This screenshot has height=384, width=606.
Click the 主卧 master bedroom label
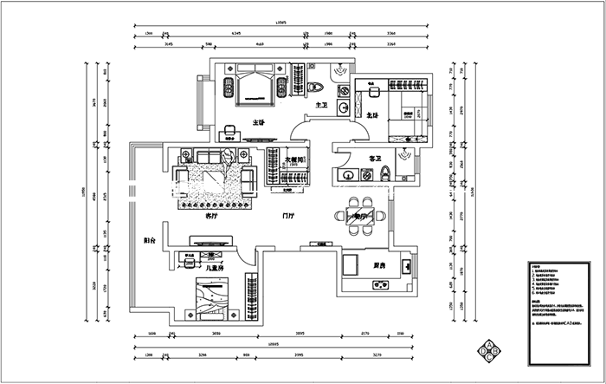coord(258,122)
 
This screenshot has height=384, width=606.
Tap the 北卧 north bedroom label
coord(372,114)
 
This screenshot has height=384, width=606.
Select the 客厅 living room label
coord(211,216)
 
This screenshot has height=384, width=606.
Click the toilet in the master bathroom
coord(317,85)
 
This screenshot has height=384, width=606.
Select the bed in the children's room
coord(208,299)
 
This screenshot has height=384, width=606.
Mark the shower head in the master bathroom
coord(342,71)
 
